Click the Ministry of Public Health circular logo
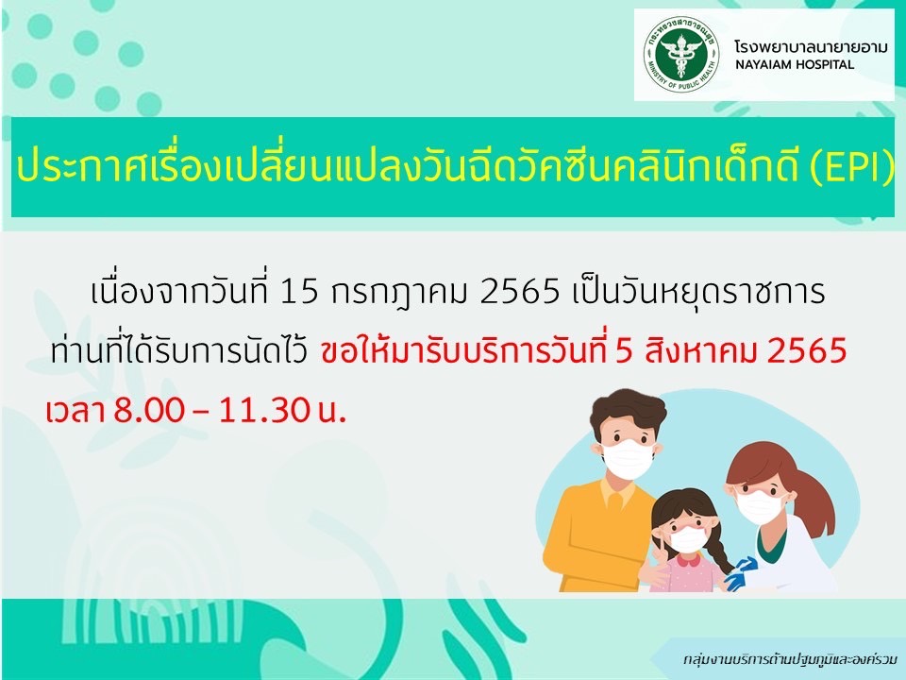tap(681, 55)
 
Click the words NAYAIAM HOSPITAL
tap(795, 64)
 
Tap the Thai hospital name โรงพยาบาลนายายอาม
tap(811, 46)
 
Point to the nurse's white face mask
tap(758, 505)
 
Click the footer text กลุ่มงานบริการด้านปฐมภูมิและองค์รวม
tap(790, 659)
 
